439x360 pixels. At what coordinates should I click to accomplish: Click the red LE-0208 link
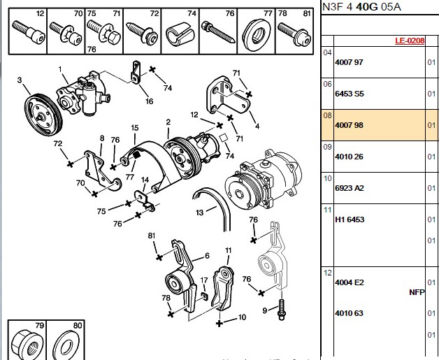410,41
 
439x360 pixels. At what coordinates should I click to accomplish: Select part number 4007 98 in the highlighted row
349,125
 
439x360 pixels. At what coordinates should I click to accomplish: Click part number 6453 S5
350,94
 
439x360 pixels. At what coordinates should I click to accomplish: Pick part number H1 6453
350,219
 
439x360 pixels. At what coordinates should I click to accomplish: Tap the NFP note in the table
417,292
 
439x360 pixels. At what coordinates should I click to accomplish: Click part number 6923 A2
350,188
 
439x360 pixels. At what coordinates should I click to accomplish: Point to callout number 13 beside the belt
199,213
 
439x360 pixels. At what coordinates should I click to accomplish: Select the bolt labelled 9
281,309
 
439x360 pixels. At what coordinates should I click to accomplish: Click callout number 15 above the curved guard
135,128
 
